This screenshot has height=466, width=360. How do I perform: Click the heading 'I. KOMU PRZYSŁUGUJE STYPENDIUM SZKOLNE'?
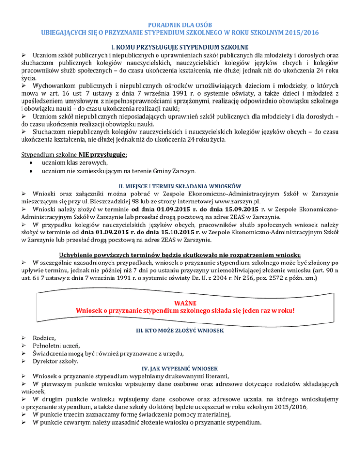coord(180,47)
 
